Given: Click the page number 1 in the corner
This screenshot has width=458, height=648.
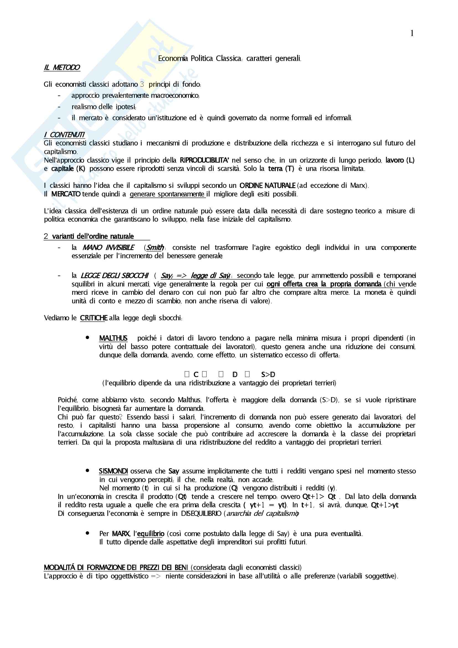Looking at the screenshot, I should [412, 34].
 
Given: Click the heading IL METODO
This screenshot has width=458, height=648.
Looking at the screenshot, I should [62, 67].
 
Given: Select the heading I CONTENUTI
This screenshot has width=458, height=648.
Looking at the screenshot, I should [64, 135].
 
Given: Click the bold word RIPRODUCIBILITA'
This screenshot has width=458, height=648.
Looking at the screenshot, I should [204, 160].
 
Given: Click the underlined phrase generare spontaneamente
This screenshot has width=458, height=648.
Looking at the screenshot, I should [167, 194].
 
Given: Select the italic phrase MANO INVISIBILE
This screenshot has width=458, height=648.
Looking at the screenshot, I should [108, 247].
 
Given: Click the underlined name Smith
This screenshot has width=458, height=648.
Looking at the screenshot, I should [155, 247].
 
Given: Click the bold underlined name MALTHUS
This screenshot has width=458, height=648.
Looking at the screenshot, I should [113, 338].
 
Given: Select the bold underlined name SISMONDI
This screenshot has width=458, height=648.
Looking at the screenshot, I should [113, 471].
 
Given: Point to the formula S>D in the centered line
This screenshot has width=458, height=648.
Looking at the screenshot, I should [268, 375].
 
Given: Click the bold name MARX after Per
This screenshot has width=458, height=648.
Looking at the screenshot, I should [121, 534].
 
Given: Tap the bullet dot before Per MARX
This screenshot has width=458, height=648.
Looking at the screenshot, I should [88, 533].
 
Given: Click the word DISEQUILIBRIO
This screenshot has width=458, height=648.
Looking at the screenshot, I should [201, 513].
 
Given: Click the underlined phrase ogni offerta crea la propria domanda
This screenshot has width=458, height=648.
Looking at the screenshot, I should [324, 284].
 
